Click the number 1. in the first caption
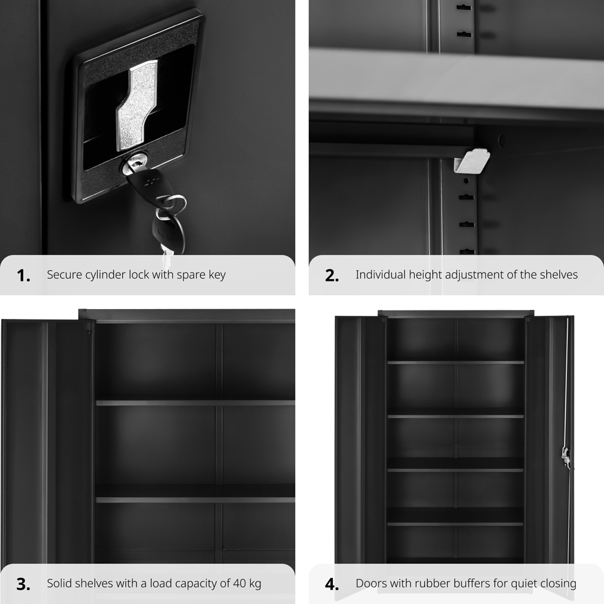[x=24, y=275]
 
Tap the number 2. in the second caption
[x=332, y=275]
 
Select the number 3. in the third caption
[x=24, y=584]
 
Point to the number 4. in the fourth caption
[x=332, y=584]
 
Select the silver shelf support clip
[x=471, y=162]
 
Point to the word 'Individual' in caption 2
[x=381, y=275]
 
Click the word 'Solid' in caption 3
[x=60, y=583]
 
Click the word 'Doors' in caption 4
[x=371, y=583]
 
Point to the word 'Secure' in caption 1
[x=65, y=275]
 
